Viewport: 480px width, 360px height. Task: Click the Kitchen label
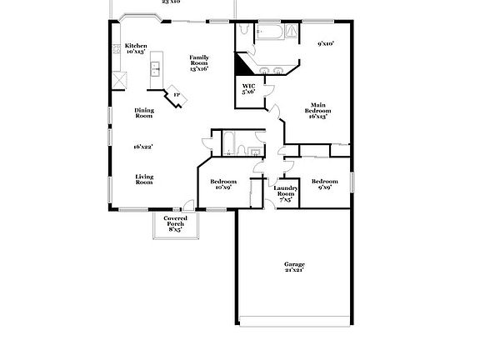tap(136, 48)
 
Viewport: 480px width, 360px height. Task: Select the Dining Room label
tap(144, 112)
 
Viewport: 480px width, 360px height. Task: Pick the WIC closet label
tap(248, 88)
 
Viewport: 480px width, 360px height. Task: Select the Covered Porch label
tap(175, 222)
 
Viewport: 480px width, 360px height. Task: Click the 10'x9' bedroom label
tap(222, 184)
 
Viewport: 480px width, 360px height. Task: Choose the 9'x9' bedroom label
tap(324, 184)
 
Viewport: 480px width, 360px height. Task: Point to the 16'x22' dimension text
tap(142, 147)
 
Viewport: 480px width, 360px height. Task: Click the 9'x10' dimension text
tap(326, 43)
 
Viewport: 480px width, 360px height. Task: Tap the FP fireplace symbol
tap(177, 94)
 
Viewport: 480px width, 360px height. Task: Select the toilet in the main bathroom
tap(242, 30)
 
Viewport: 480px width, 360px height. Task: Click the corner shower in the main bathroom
tap(292, 32)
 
